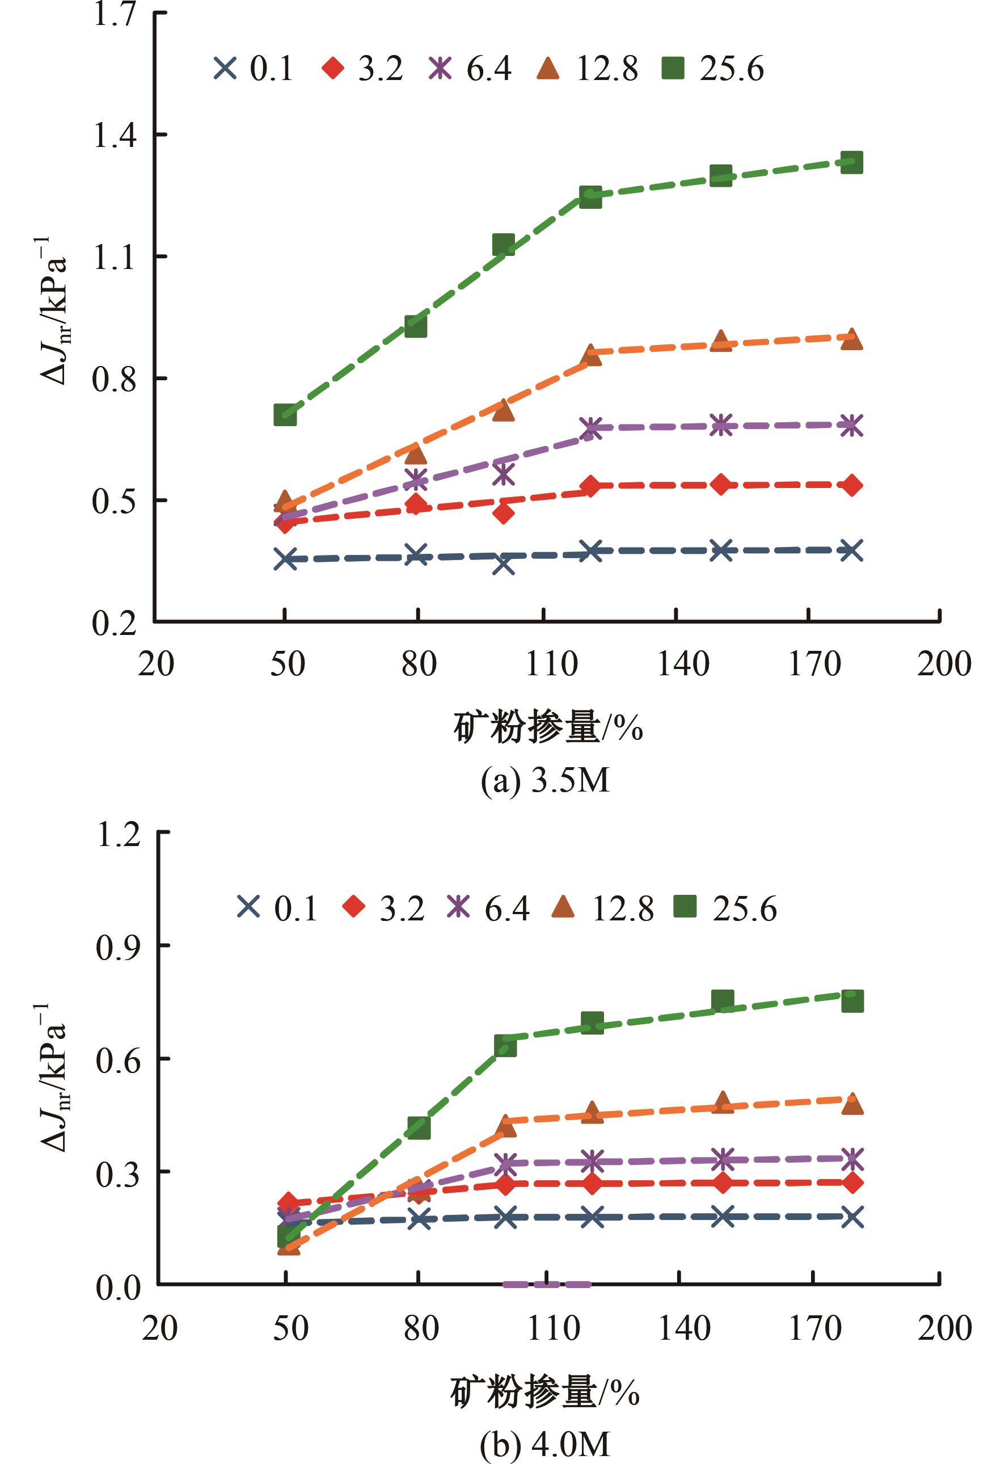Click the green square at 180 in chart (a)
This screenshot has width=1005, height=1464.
(851, 162)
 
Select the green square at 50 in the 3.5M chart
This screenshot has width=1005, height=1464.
(285, 415)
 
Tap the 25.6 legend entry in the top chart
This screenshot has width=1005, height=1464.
(713, 68)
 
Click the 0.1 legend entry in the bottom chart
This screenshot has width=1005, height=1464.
(277, 908)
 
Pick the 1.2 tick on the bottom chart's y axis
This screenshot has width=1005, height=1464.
(117, 834)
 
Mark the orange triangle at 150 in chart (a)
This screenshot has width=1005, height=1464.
(721, 341)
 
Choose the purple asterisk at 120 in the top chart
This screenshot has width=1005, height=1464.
(590, 428)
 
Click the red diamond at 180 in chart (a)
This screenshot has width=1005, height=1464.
(852, 485)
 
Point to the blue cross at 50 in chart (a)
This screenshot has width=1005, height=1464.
(285, 559)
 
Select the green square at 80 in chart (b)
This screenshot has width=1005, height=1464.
(419, 1128)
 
